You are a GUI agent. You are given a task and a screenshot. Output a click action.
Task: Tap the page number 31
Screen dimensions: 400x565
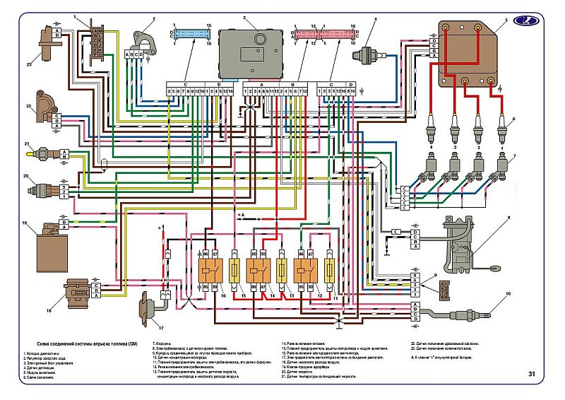[531, 374]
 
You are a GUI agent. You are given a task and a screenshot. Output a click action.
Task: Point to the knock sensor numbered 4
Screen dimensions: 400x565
[367, 52]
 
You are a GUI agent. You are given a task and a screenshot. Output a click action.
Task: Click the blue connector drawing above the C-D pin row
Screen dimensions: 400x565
[188, 34]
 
